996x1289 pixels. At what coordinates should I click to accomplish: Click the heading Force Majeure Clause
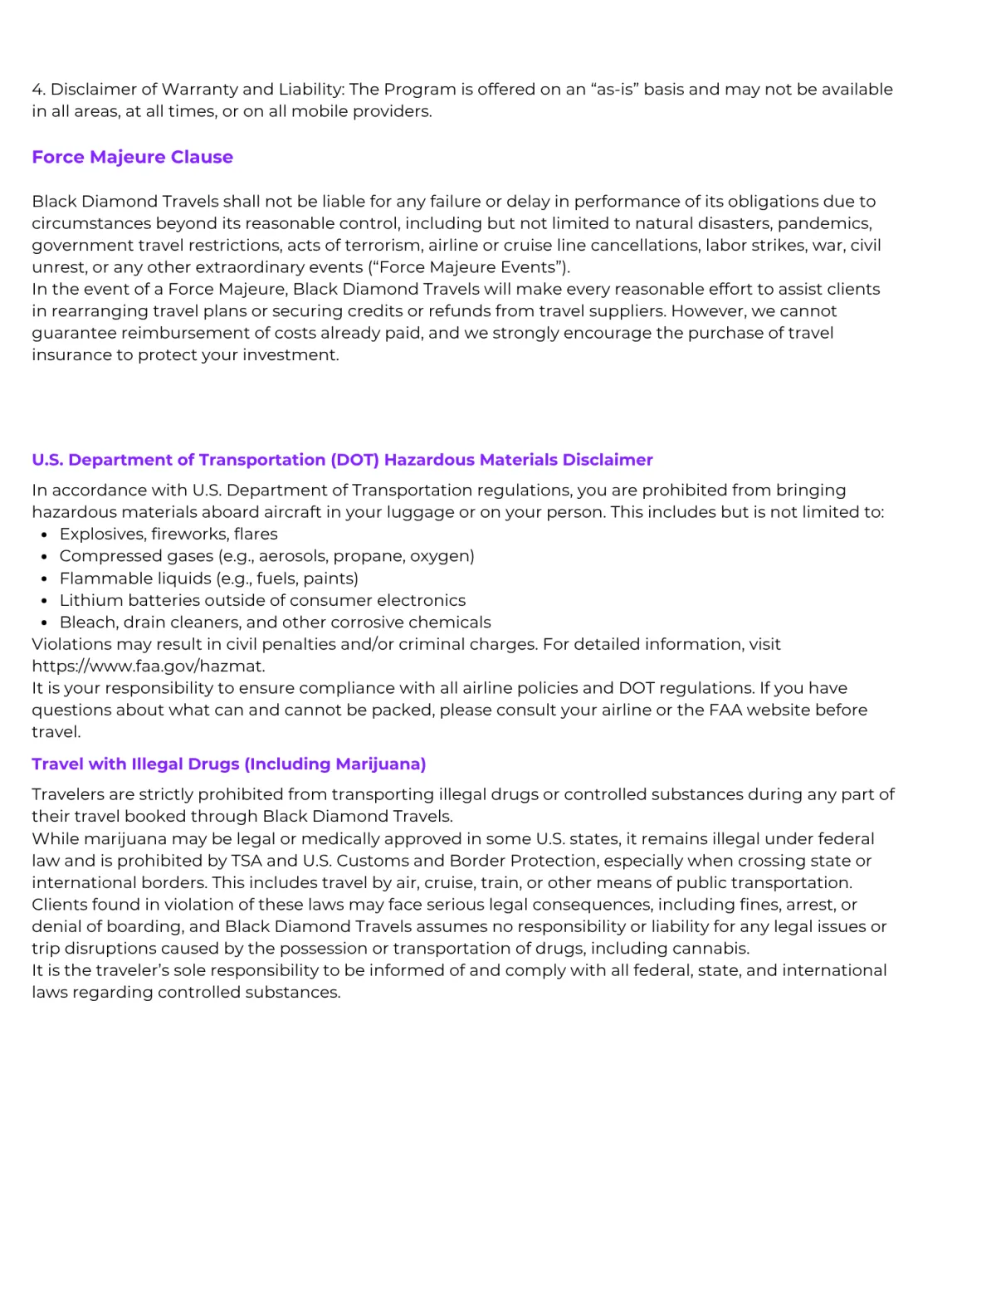(132, 157)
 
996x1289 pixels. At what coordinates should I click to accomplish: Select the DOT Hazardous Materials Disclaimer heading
(342, 460)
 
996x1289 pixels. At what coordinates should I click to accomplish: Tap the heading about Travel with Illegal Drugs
(228, 764)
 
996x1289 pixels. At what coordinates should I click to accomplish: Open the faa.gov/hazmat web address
(148, 666)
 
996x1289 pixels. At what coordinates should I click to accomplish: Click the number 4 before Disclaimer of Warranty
(37, 90)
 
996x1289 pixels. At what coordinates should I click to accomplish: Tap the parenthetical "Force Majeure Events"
(469, 267)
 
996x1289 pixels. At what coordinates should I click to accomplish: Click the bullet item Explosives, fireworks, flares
(168, 534)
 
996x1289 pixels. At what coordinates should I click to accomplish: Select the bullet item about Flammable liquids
(208, 579)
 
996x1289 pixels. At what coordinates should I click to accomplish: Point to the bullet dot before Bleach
(44, 623)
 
